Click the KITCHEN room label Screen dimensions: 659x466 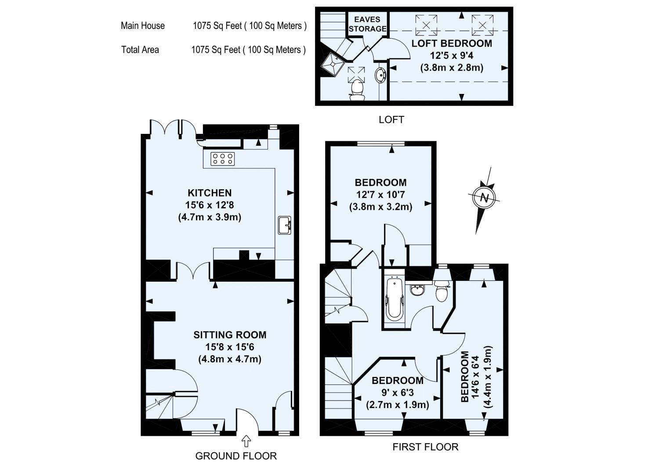(x=210, y=193)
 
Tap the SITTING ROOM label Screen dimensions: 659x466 (x=230, y=335)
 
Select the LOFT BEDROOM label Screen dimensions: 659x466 (x=451, y=43)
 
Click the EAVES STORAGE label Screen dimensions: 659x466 (x=367, y=24)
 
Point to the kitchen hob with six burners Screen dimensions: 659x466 (x=223, y=159)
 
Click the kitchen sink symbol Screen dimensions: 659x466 (x=284, y=225)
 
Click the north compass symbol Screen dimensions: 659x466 (x=484, y=198)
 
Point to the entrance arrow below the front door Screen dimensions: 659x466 (x=246, y=440)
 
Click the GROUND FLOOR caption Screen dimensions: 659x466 (x=236, y=456)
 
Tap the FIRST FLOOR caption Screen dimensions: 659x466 (x=425, y=447)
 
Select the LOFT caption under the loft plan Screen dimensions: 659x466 (x=391, y=119)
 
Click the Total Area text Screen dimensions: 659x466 (x=140, y=50)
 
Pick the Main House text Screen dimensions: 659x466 (x=143, y=25)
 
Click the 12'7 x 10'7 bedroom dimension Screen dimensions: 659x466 (x=380, y=194)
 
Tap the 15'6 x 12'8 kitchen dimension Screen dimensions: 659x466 (x=210, y=205)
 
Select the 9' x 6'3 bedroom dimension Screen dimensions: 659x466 (x=397, y=392)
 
